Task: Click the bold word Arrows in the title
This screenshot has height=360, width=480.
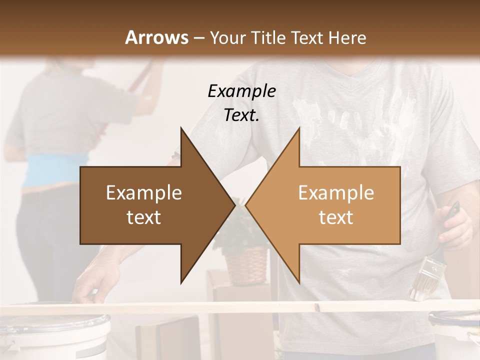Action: [x=156, y=37]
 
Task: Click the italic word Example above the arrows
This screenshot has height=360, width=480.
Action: [x=241, y=91]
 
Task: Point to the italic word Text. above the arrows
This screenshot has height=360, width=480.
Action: [x=241, y=115]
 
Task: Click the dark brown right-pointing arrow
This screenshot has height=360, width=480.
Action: [x=150, y=205]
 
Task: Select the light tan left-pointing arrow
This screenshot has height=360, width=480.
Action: [x=330, y=205]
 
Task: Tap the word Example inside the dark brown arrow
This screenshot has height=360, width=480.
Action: [x=144, y=193]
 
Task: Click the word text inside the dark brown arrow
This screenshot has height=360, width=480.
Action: [x=144, y=217]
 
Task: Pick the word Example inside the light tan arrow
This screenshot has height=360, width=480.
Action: [x=336, y=193]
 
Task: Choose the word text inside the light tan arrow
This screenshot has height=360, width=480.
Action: [x=336, y=217]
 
